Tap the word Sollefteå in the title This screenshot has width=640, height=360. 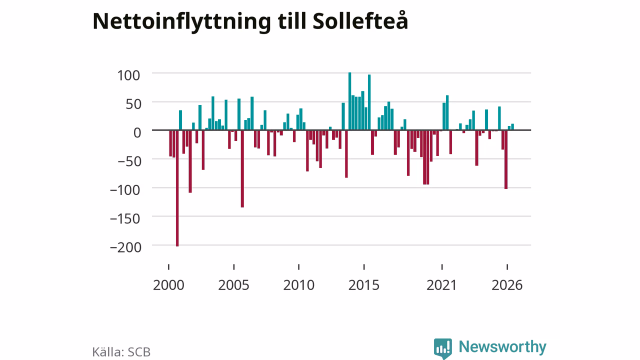(360, 20)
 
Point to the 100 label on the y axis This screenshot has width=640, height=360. (128, 75)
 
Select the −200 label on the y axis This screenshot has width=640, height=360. (125, 247)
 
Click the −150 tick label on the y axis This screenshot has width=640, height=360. (125, 219)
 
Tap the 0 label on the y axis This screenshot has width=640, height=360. (137, 133)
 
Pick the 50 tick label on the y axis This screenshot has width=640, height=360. (133, 104)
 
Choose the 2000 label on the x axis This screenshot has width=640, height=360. (168, 285)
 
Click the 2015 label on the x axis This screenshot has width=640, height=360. (363, 285)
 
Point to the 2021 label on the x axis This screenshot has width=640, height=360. (441, 285)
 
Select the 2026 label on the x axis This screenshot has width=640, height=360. (507, 285)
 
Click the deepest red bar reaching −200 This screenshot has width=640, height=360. (177, 188)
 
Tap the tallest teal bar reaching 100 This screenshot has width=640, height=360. (349, 101)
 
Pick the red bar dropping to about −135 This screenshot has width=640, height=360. (242, 168)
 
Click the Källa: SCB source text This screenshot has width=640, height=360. (121, 352)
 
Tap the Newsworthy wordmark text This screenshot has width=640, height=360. (502, 346)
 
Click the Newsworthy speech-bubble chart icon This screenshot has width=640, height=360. (443, 348)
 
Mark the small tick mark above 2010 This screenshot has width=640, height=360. (299, 267)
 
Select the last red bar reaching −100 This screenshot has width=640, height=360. (506, 159)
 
